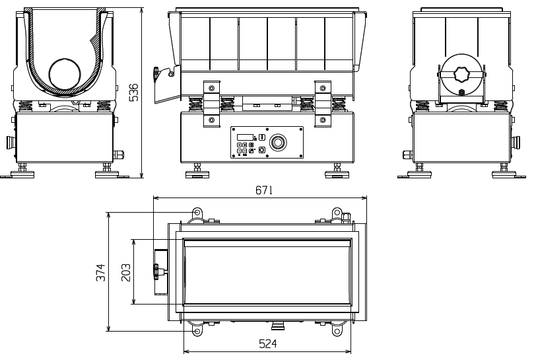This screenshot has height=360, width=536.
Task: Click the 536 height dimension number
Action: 134,92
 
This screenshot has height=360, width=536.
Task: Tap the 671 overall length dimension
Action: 264,190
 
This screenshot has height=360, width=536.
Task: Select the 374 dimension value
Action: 101,272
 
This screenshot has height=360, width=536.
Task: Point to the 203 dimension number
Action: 126,272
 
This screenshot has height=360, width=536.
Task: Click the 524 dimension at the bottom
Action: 267,343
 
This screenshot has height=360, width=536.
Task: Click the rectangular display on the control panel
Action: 245,137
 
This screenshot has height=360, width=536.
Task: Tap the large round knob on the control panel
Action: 277,143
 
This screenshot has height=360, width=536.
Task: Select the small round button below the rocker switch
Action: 262,149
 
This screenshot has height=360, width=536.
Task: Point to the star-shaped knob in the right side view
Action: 461,74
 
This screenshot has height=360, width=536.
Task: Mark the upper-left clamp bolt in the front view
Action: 212,88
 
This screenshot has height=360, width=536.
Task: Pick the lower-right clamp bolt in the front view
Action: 323,120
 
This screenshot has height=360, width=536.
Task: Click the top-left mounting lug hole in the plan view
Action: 197,213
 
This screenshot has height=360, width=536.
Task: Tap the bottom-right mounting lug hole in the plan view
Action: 337,331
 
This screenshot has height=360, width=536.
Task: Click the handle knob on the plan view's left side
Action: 157,271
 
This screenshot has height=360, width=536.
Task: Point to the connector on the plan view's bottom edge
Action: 277,325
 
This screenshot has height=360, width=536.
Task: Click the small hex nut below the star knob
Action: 461,92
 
